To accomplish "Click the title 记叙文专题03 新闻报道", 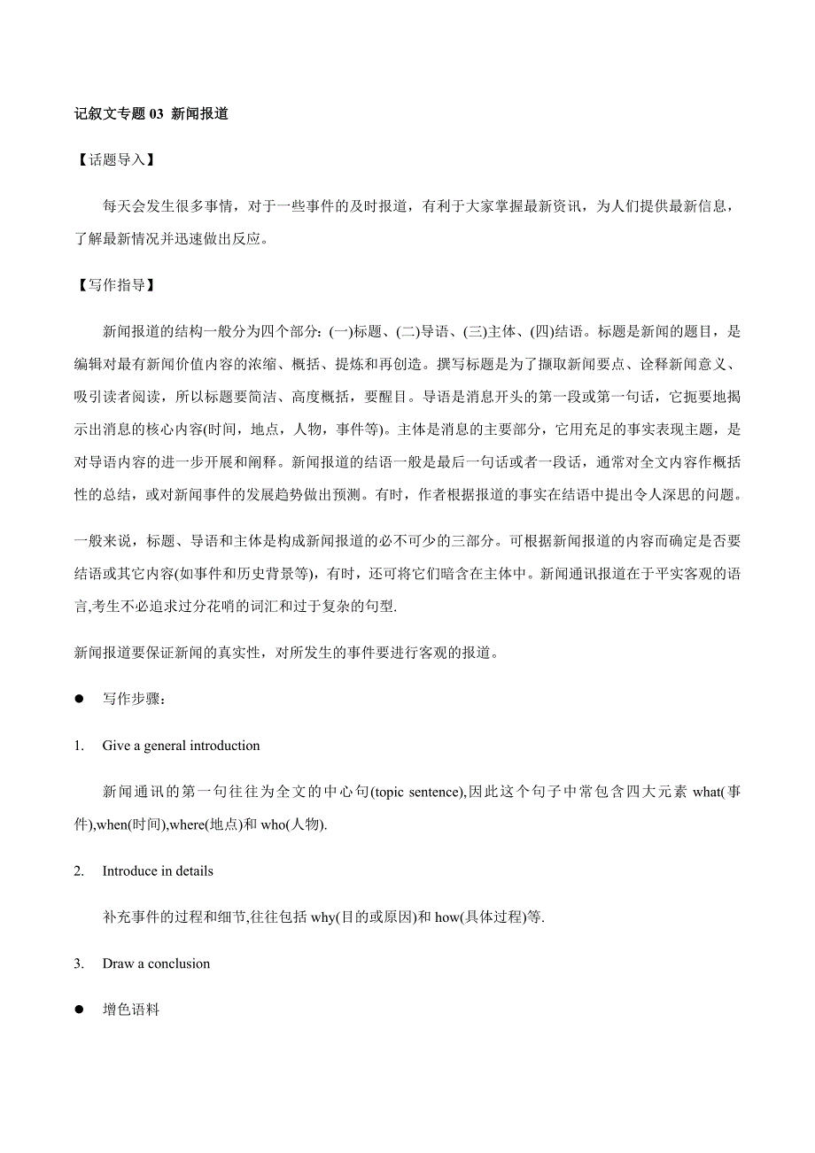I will coord(151,113).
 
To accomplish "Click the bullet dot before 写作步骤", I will coord(79,699).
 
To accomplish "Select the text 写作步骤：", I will coord(133,699).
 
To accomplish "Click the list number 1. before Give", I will coord(80,746).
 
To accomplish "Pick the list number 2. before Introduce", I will coord(80,871).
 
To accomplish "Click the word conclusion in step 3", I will coord(179,963).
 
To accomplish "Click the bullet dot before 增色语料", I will coord(79,1010).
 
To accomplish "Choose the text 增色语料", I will coord(131,1010).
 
